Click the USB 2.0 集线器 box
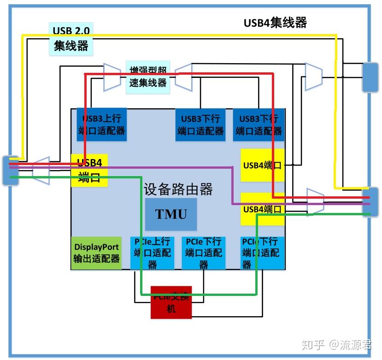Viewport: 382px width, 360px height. point(71,39)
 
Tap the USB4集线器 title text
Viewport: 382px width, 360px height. point(275,23)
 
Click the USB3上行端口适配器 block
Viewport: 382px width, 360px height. point(101,124)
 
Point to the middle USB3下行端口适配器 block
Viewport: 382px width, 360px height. point(200,125)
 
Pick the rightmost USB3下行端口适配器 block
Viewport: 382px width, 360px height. point(259,125)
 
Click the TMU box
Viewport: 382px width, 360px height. point(171,214)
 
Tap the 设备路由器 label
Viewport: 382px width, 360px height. point(178,189)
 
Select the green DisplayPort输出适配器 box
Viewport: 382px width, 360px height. point(96,253)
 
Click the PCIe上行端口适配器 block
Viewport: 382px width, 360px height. point(152,253)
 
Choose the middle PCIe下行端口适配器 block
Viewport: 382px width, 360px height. point(203,253)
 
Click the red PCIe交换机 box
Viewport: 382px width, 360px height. point(171,302)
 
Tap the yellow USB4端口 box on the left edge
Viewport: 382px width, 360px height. point(89,170)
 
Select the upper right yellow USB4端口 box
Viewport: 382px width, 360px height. point(262,165)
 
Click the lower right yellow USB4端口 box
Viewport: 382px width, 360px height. point(262,209)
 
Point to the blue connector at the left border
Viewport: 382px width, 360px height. point(10,171)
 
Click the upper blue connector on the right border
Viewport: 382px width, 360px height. point(370,77)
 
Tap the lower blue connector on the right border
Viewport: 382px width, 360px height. point(370,201)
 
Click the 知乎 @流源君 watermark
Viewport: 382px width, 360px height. point(336,344)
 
